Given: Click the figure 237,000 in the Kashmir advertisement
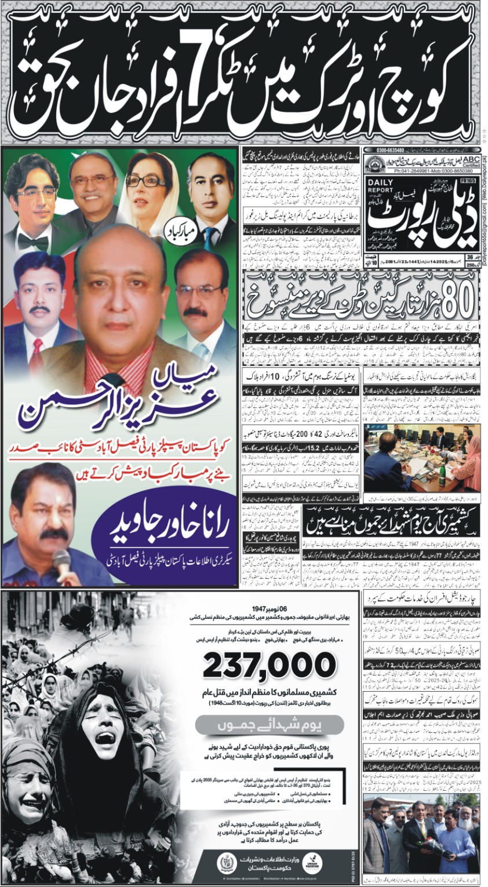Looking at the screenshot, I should point(270,665).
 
